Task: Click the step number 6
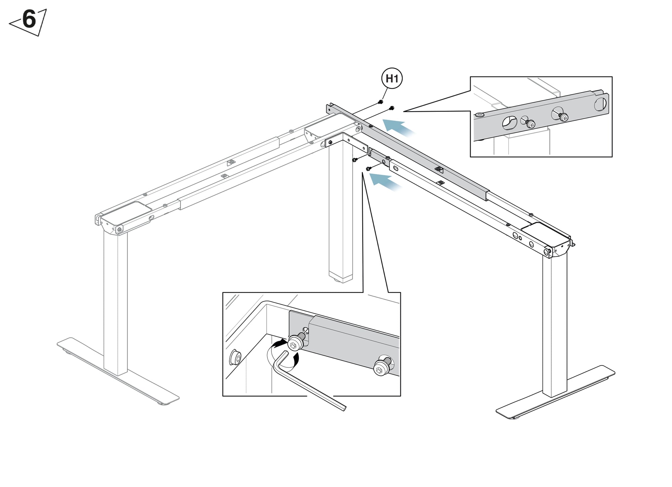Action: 29,19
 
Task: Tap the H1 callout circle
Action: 392,79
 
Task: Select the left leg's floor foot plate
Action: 118,371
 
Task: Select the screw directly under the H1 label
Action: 381,101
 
